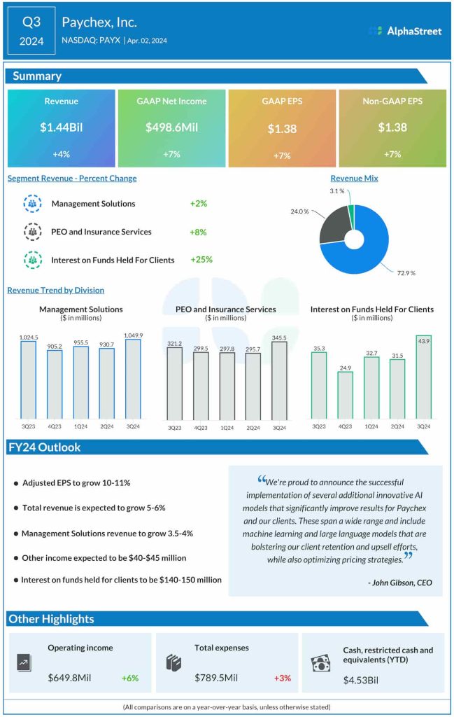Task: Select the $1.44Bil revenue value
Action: pyautogui.click(x=61, y=127)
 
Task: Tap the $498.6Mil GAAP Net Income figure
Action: pyautogui.click(x=171, y=127)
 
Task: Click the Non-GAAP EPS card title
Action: pyautogui.click(x=392, y=101)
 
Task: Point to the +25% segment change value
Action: pyautogui.click(x=201, y=260)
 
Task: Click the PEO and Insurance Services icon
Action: pyautogui.click(x=32, y=232)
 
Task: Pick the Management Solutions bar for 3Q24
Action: pyautogui.click(x=134, y=379)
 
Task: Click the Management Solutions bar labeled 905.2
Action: pyautogui.click(x=55, y=383)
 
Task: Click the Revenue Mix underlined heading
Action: pyautogui.click(x=354, y=179)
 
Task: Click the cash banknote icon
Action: pyautogui.click(x=320, y=662)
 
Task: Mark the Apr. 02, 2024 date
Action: pyautogui.click(x=147, y=41)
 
